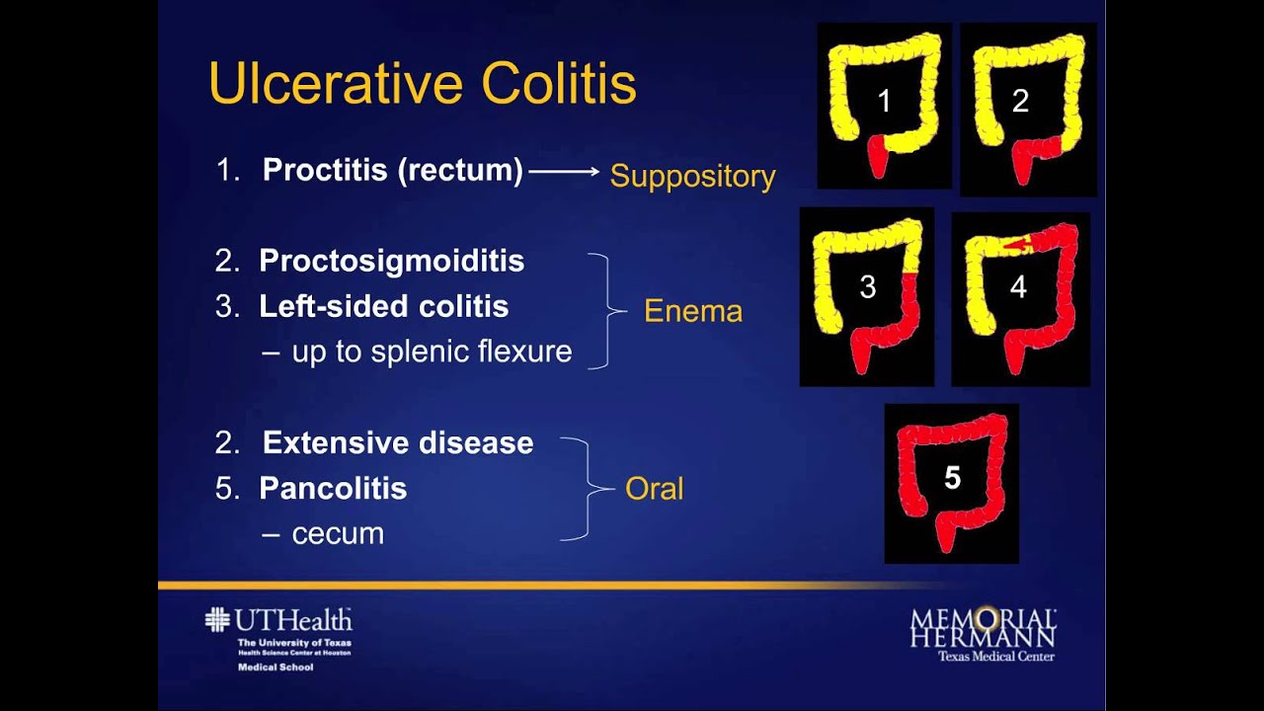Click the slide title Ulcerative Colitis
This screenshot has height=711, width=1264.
(x=422, y=84)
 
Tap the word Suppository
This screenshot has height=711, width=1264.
(x=692, y=176)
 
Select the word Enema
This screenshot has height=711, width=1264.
(x=692, y=311)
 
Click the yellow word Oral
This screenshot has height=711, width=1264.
(x=654, y=488)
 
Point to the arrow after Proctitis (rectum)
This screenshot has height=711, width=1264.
(x=564, y=172)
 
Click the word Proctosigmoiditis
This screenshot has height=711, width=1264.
(x=391, y=261)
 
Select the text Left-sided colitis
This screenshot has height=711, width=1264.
(x=383, y=306)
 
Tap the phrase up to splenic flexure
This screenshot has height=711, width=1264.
(x=432, y=352)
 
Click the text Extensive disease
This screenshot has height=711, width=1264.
(x=398, y=442)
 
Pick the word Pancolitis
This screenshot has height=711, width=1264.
(x=333, y=488)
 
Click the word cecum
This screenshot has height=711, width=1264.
(x=338, y=533)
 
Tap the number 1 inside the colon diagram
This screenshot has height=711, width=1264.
(x=884, y=100)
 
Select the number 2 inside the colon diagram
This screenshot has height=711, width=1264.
(x=1020, y=100)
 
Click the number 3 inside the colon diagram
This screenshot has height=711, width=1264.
(x=867, y=287)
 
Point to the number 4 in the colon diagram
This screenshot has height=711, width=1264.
(x=1018, y=287)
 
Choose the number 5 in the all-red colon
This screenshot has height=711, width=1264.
(x=952, y=478)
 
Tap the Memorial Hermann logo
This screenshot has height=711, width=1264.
(x=983, y=632)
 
